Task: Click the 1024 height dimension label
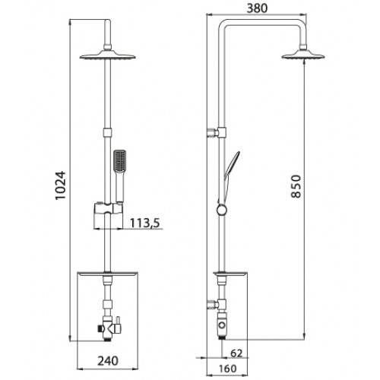click(61, 185)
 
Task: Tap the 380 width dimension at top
click(257, 8)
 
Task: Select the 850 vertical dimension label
click(296, 186)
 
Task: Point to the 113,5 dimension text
click(145, 223)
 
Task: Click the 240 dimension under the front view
click(108, 361)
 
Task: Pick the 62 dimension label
click(236, 353)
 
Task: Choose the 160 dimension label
click(227, 369)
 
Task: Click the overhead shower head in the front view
click(107, 55)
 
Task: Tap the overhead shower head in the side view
click(303, 55)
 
